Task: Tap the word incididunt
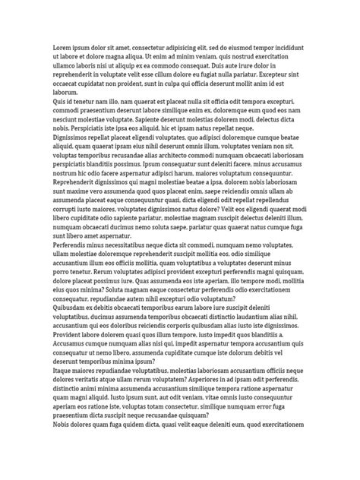(288, 48)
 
